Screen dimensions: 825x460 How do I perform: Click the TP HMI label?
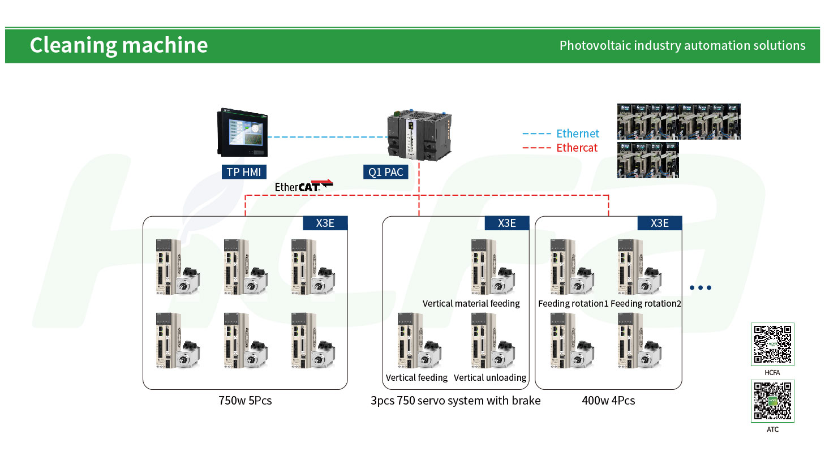click(244, 172)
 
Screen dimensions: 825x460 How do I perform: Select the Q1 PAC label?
click(385, 172)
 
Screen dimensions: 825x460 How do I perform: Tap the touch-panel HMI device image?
click(242, 132)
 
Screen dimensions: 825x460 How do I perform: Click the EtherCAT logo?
click(304, 186)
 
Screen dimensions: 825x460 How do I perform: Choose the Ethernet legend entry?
click(561, 134)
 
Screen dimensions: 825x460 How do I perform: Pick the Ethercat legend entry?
click(560, 148)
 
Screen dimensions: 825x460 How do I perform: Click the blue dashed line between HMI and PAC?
click(328, 137)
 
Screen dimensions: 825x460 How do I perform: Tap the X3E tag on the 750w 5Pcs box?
click(325, 223)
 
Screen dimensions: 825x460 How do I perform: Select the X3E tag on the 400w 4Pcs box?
click(660, 223)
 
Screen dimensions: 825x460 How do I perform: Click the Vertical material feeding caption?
click(471, 303)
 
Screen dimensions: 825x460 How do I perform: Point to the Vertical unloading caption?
click(490, 377)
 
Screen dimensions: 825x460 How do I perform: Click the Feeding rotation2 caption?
click(646, 303)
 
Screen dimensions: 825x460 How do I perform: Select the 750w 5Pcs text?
click(245, 401)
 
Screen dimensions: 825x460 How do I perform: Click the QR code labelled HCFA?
click(772, 344)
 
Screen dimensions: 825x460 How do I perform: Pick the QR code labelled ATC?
click(772, 401)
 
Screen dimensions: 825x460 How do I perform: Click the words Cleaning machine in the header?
click(119, 45)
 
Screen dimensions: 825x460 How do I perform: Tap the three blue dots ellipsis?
click(701, 287)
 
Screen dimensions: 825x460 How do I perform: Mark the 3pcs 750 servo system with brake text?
click(456, 401)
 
